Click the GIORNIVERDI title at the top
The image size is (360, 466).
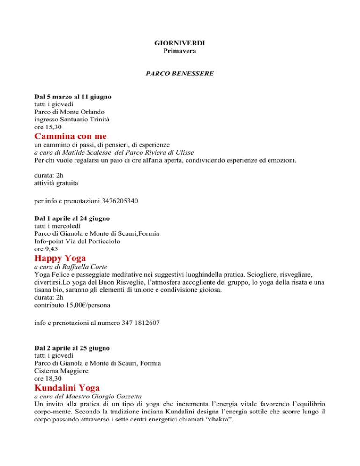pos(180,43)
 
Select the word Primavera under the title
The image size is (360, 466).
pos(180,50)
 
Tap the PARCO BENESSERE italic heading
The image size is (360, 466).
pos(180,74)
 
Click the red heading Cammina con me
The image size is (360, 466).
pos(71,136)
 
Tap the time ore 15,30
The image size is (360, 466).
pos(47,127)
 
